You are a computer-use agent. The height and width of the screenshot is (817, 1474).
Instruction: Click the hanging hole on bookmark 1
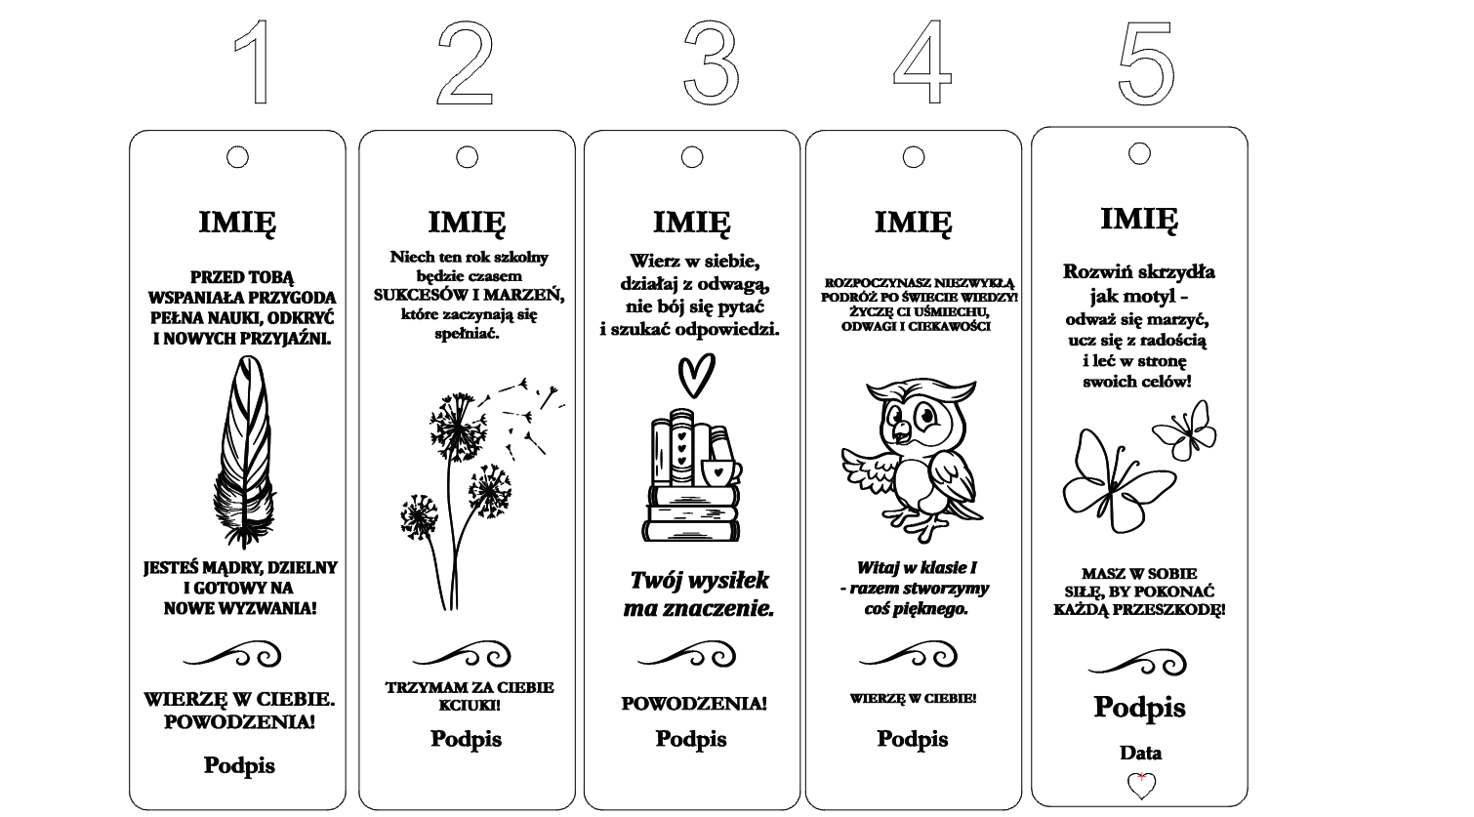237,157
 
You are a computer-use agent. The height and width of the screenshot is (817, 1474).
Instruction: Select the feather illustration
244,452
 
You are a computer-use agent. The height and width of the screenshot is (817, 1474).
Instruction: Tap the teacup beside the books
719,471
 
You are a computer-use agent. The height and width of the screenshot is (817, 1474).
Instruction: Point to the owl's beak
900,433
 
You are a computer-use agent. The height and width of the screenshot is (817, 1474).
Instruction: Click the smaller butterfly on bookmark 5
1184,430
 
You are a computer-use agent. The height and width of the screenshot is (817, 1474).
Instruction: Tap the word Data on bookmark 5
1140,753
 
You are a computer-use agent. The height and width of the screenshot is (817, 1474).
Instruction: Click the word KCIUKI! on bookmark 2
470,705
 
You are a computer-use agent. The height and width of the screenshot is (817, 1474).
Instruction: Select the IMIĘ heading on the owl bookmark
913,223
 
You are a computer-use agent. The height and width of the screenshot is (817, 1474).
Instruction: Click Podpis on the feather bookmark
239,766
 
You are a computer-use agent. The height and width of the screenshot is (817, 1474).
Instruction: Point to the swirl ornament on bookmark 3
687,655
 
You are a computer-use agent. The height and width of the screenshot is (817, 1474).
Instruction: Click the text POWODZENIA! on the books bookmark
694,703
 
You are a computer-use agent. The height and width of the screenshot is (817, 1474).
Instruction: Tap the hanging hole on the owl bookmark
914,157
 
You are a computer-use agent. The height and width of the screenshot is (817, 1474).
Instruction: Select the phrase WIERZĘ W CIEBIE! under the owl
913,698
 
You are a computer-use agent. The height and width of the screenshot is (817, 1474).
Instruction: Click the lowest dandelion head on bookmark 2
419,517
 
